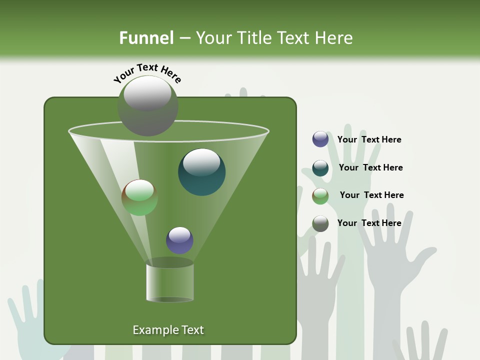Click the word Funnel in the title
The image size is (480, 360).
(146, 38)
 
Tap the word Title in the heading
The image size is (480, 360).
(253, 38)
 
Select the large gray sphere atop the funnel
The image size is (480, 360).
(147, 105)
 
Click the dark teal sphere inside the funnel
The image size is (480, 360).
(201, 171)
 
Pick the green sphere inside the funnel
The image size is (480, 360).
(139, 197)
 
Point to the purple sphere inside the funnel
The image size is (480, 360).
(179, 240)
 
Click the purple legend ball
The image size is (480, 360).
(320, 139)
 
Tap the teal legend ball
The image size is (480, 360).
(320, 168)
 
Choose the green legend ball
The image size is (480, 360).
(320, 195)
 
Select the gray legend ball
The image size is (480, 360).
(320, 223)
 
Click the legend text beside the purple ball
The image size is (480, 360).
(369, 139)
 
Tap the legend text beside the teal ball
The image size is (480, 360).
(370, 167)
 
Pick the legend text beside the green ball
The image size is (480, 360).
(371, 195)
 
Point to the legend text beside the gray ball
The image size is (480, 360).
(369, 223)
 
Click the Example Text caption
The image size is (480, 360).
(168, 330)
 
